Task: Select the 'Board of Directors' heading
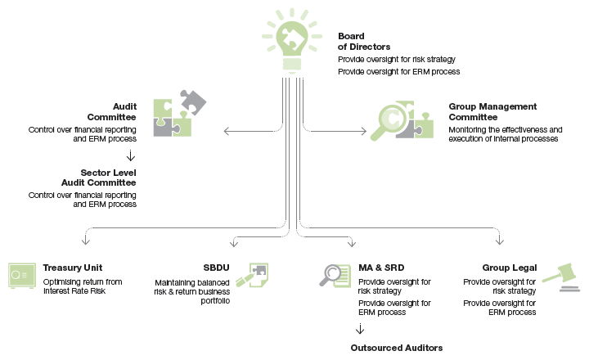click(357, 43)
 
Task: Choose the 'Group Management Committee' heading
click(492, 112)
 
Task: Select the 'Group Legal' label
click(509, 268)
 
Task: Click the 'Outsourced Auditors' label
click(396, 348)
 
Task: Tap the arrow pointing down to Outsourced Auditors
click(359, 329)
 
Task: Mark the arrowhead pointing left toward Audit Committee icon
click(227, 129)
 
